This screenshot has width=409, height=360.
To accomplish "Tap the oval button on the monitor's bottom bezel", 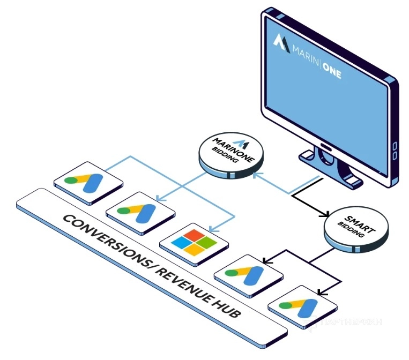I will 325,145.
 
